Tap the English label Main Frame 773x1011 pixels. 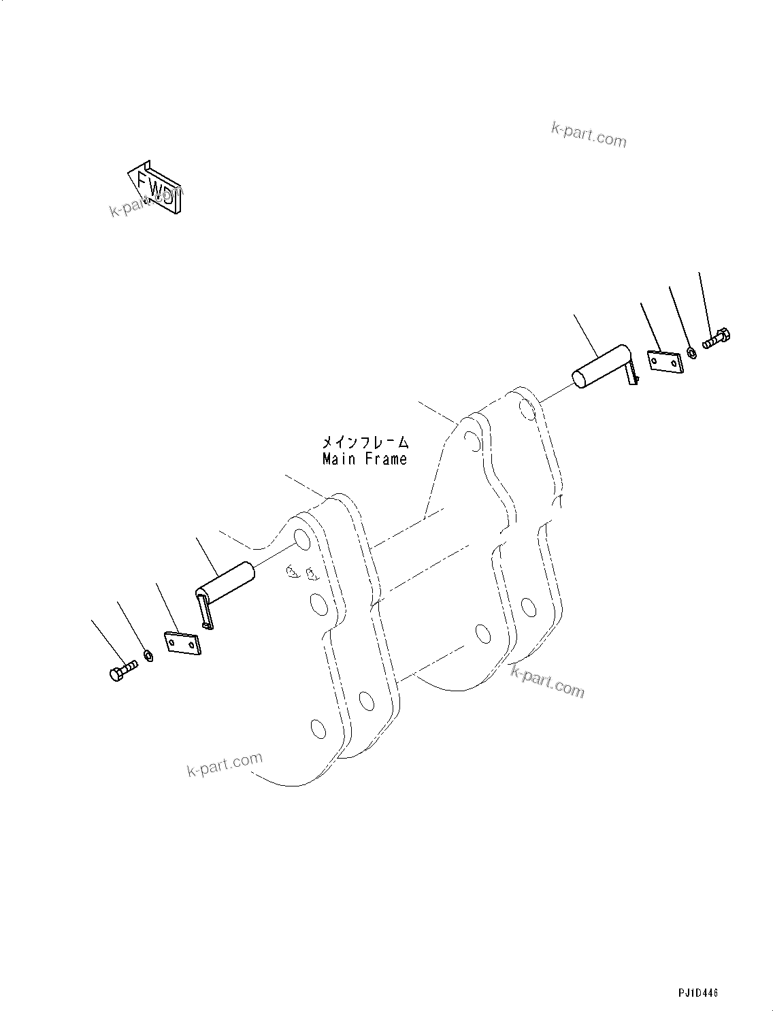365,459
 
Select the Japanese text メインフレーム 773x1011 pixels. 365,443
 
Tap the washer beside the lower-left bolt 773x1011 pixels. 148,657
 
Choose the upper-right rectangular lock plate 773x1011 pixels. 664,362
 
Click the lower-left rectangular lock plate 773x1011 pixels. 183,644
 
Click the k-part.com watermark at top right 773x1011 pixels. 589,135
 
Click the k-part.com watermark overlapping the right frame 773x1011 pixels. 547,682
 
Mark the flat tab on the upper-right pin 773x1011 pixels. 633,375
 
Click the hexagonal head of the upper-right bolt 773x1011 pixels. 724,335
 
